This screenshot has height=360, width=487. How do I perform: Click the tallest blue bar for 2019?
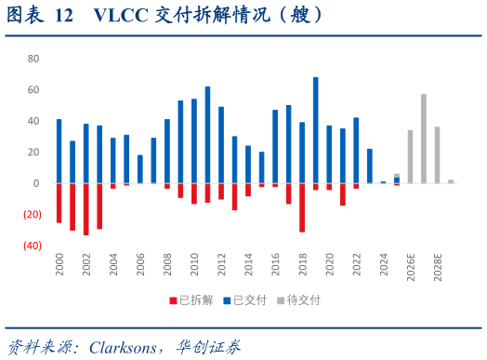tap(315, 129)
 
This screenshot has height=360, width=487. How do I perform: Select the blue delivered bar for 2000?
tap(59, 151)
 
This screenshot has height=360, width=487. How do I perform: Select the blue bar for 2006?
tap(139, 168)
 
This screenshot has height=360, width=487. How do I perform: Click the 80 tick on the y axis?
tap(33, 58)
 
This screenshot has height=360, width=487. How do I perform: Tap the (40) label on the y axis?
tap(32, 246)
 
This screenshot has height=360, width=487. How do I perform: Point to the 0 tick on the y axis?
tap(36, 183)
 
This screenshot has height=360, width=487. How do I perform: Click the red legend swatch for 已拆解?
tap(172, 300)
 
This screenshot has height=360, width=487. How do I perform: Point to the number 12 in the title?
tap(63, 16)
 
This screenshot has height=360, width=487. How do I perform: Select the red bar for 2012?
tap(221, 192)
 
